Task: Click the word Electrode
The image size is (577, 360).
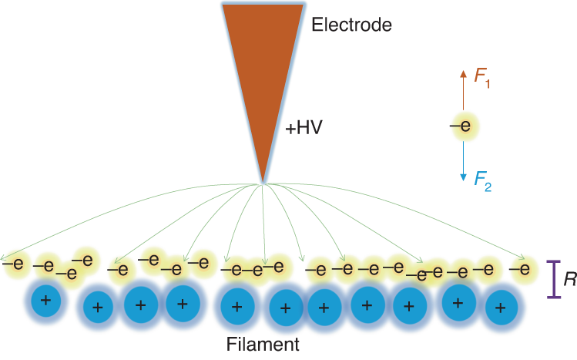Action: point(352,25)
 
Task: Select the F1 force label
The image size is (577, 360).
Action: point(482,76)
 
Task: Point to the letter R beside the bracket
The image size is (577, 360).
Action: point(570,280)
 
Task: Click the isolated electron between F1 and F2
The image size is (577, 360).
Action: point(462,124)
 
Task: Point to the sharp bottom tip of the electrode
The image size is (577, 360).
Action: point(263,182)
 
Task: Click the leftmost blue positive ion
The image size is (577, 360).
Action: point(45,301)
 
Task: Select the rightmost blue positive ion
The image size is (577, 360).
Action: point(502,308)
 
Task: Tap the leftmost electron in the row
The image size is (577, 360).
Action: point(14,264)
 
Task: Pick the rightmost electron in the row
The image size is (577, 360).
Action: point(524,268)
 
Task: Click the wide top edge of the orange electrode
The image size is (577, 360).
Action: point(262,5)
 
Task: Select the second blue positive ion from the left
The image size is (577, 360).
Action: point(98,307)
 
